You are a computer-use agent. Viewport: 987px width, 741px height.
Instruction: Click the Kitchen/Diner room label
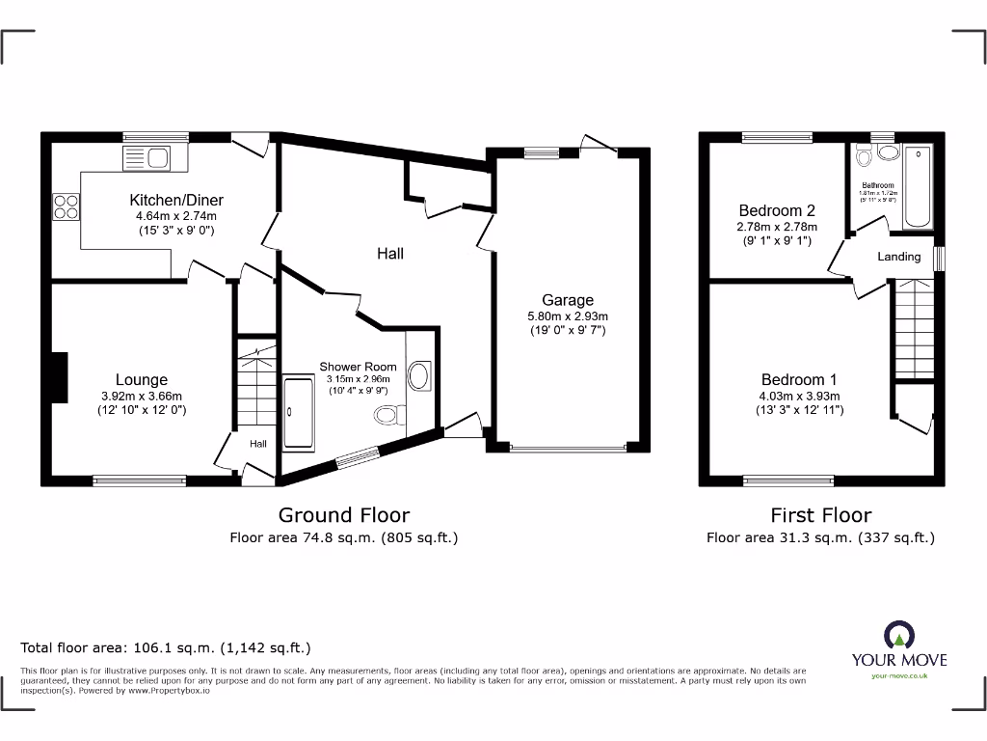(176, 201)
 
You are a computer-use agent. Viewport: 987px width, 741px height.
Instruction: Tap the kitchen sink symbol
(146, 156)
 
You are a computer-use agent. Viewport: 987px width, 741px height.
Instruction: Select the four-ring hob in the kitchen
(66, 205)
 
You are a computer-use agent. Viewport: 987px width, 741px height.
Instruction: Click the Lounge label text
(142, 380)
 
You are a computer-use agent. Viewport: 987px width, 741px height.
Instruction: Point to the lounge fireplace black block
(60, 376)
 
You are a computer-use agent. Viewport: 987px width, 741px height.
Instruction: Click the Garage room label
(567, 300)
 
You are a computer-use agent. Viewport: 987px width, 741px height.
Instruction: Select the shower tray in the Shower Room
(298, 413)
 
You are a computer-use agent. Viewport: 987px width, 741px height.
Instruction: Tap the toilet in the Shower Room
(387, 415)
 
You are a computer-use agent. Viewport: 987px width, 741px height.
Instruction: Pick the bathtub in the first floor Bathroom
(919, 187)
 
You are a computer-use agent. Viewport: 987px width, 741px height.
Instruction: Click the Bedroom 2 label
(777, 210)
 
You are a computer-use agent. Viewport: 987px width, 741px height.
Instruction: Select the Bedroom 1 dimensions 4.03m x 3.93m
(798, 396)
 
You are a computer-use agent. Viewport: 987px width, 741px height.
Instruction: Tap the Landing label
(898, 257)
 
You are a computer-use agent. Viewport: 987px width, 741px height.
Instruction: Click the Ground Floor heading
(343, 515)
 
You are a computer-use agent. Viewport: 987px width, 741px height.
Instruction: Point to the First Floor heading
(820, 515)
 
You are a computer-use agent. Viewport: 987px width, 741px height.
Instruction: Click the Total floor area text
(166, 648)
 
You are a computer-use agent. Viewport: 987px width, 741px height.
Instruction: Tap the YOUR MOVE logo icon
(898, 635)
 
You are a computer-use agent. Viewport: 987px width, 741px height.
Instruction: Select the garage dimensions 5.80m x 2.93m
(567, 316)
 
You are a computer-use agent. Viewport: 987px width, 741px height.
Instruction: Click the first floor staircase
(913, 329)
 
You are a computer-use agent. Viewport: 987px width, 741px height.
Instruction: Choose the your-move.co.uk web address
(898, 676)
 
